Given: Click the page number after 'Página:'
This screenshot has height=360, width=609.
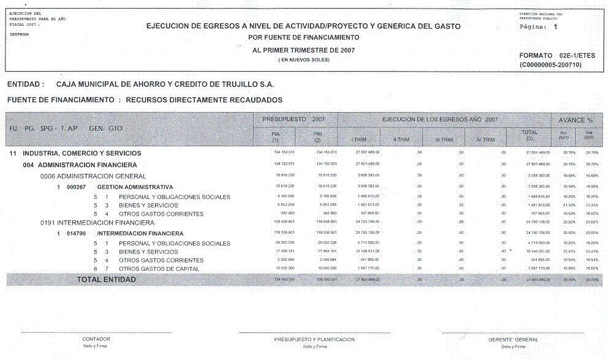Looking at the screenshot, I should [555, 28].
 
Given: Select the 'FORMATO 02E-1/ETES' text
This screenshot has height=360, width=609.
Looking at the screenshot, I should [557, 56].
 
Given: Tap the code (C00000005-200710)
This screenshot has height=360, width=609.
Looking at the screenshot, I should [550, 64].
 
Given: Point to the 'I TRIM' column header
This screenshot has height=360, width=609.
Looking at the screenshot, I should [359, 140].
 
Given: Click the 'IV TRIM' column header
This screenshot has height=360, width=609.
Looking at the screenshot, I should [485, 140].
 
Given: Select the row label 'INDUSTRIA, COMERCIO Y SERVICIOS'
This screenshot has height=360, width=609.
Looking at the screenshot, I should [82, 153].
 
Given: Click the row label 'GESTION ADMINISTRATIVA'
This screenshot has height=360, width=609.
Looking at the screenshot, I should [135, 187].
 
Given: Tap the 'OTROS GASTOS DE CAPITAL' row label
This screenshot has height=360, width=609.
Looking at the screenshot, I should [159, 269].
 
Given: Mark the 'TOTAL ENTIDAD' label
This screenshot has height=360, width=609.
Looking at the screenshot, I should [106, 280].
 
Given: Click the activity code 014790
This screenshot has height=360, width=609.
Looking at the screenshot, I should [78, 233].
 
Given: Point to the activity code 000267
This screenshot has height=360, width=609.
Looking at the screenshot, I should [78, 187].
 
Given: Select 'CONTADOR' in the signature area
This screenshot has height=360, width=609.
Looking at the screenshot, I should [96, 339].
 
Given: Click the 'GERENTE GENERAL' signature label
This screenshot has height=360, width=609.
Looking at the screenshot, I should [513, 340].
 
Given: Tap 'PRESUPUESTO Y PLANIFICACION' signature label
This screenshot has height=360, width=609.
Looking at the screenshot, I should [314, 339].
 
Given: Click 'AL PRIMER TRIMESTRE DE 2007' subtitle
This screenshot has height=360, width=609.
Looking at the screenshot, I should [303, 50].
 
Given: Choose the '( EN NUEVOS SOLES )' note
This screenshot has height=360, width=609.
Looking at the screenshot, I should [303, 60].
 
